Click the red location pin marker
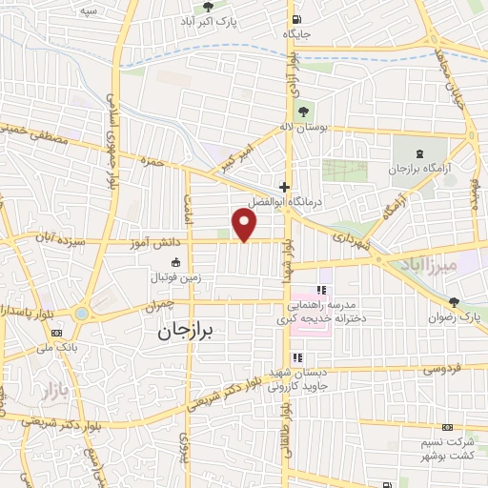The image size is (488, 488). click(245, 225)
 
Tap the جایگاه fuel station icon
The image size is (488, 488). click(296, 19)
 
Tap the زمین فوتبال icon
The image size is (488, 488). click(174, 262)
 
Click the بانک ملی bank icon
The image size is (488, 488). click(58, 332)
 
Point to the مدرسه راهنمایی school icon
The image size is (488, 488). click(321, 290)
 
